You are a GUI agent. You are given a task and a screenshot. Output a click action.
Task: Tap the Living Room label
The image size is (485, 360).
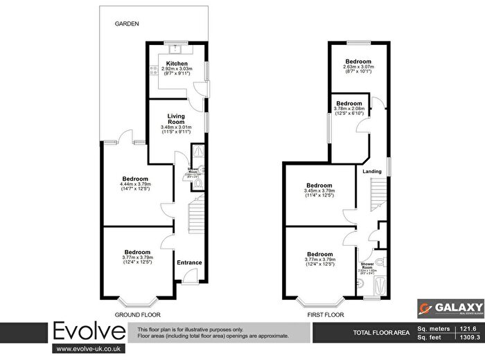[x=170, y=118]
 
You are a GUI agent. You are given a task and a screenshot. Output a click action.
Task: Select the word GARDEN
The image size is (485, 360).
[x=128, y=24]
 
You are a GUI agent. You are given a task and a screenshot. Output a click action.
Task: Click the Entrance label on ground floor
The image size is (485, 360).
[x=189, y=262]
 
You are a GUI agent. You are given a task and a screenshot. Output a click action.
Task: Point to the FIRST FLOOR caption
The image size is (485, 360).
[x=325, y=314]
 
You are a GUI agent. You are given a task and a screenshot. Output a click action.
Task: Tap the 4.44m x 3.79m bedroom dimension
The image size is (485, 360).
[x=136, y=183]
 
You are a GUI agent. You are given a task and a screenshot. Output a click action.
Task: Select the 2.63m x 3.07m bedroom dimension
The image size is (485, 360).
[x=359, y=66]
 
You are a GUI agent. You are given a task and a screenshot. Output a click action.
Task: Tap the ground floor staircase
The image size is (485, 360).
[x=197, y=208]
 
